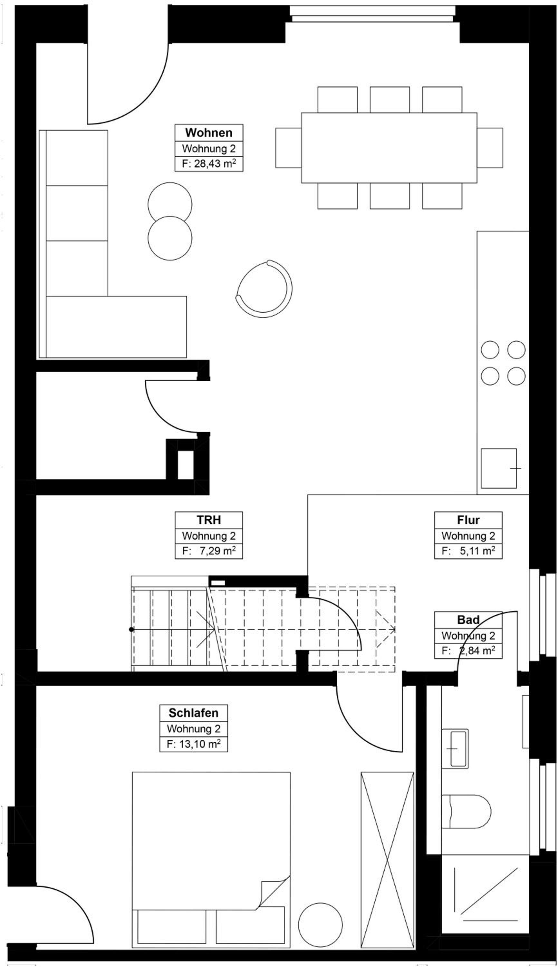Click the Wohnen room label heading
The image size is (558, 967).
tap(208, 133)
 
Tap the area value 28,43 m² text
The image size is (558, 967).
tap(215, 164)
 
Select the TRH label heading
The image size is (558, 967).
tap(208, 520)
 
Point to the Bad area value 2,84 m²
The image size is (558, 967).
tap(477, 651)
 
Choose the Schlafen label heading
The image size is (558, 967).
tap(193, 713)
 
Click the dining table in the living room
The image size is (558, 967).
tap(389, 148)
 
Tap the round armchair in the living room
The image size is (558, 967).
tap(264, 289)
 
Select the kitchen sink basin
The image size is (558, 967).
tap(499, 468)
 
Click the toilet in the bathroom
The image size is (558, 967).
tap(466, 812)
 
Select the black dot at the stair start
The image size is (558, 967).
tap(131, 630)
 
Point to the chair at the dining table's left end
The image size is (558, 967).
tap(288, 148)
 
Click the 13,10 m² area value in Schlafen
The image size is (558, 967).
tap(199, 744)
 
